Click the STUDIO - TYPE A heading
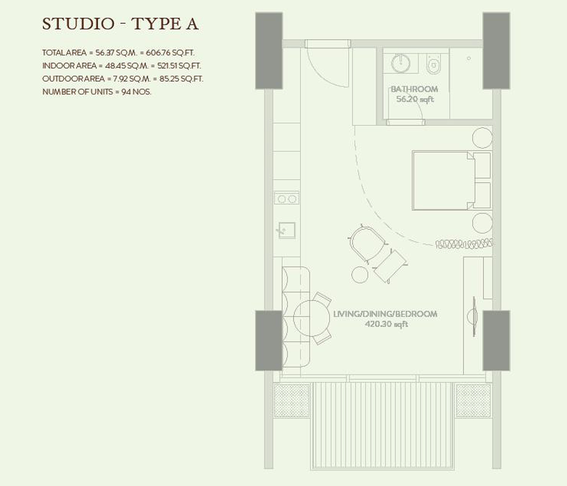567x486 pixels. [x=120, y=24]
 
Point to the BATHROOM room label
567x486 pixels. [x=414, y=89]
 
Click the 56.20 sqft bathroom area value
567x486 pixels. [x=415, y=100]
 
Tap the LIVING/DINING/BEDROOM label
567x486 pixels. [x=385, y=314]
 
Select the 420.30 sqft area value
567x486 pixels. [x=386, y=325]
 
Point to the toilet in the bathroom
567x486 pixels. [x=433, y=64]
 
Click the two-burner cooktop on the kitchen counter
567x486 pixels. [x=287, y=199]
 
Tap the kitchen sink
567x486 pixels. [x=286, y=230]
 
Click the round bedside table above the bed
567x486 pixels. [x=482, y=138]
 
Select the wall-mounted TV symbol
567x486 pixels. [x=473, y=317]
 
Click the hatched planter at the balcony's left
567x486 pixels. [x=292, y=400]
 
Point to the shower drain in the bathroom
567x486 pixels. [x=469, y=58]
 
